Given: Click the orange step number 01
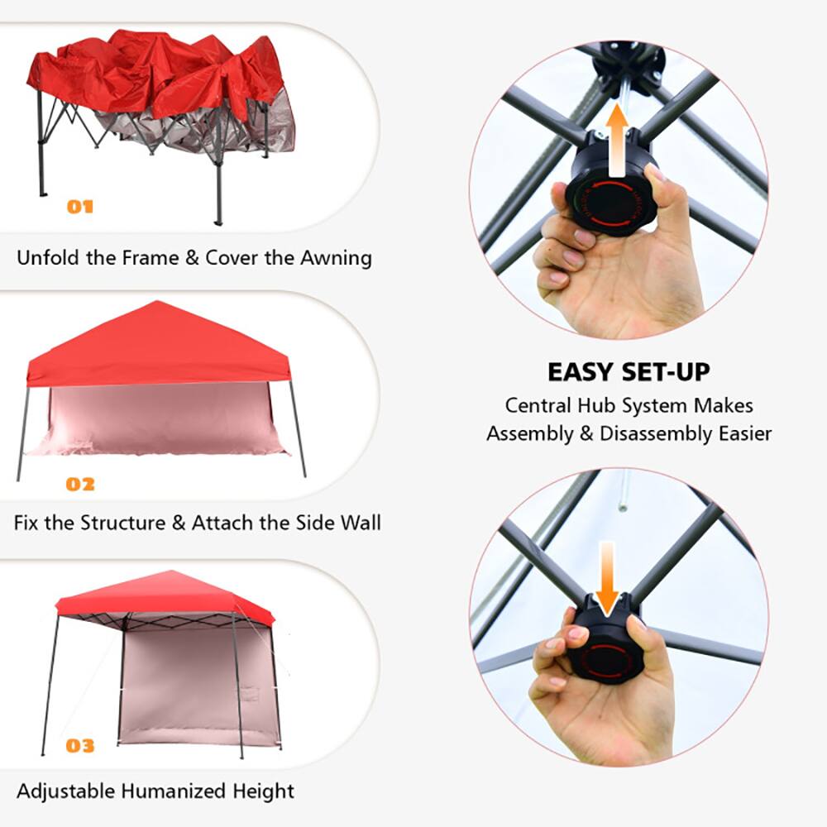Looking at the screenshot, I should (80, 207).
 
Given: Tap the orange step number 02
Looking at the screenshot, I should (80, 484).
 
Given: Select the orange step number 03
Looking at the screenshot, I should (80, 747).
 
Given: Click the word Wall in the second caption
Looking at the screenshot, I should (361, 523).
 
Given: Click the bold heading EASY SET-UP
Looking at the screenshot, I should (629, 372).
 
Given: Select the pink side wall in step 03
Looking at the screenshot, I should (178, 682).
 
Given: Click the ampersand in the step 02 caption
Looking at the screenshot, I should (179, 523).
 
